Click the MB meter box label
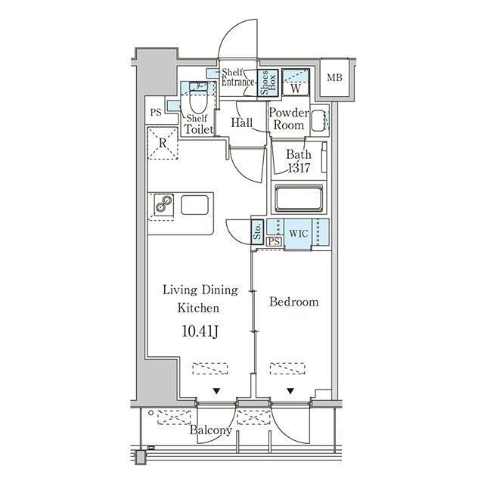[334, 78]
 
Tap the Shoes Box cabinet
[268, 82]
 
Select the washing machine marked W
[296, 82]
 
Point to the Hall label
[242, 123]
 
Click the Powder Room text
[289, 119]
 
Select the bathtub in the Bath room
[299, 198]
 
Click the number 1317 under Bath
[299, 168]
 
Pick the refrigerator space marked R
[163, 143]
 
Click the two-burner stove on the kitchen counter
[163, 204]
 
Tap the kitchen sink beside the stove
[194, 204]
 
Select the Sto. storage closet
[257, 232]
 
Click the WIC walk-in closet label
[299, 234]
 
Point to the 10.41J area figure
[200, 331]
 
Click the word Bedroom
[294, 302]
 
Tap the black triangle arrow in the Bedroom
[290, 392]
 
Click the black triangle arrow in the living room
[216, 392]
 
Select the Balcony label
[210, 430]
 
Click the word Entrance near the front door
[237, 82]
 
